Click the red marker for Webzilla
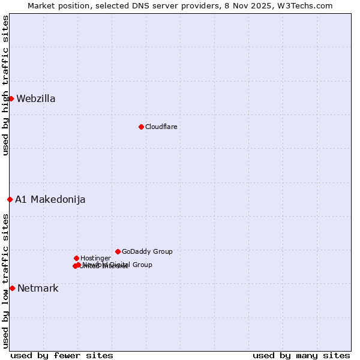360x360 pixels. coord(11,98)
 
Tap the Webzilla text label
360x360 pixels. coord(36,99)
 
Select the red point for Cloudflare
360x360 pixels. coord(141,127)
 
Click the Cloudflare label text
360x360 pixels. coord(161,127)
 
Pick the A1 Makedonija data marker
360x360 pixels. coord(10,199)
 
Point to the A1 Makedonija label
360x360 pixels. coord(50,200)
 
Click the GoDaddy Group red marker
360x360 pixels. coord(118,251)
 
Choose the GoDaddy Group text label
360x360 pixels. coord(147,252)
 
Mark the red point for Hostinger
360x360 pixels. coord(76,258)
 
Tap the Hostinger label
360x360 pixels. coord(95,259)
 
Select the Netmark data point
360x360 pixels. coord(12,288)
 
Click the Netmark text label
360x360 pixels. coord(38,289)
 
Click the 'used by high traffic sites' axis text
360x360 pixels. coord(5,85)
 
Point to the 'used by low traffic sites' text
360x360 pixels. coord(5,281)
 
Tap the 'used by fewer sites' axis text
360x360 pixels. coord(62,356)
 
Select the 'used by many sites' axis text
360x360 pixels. coord(301,356)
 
